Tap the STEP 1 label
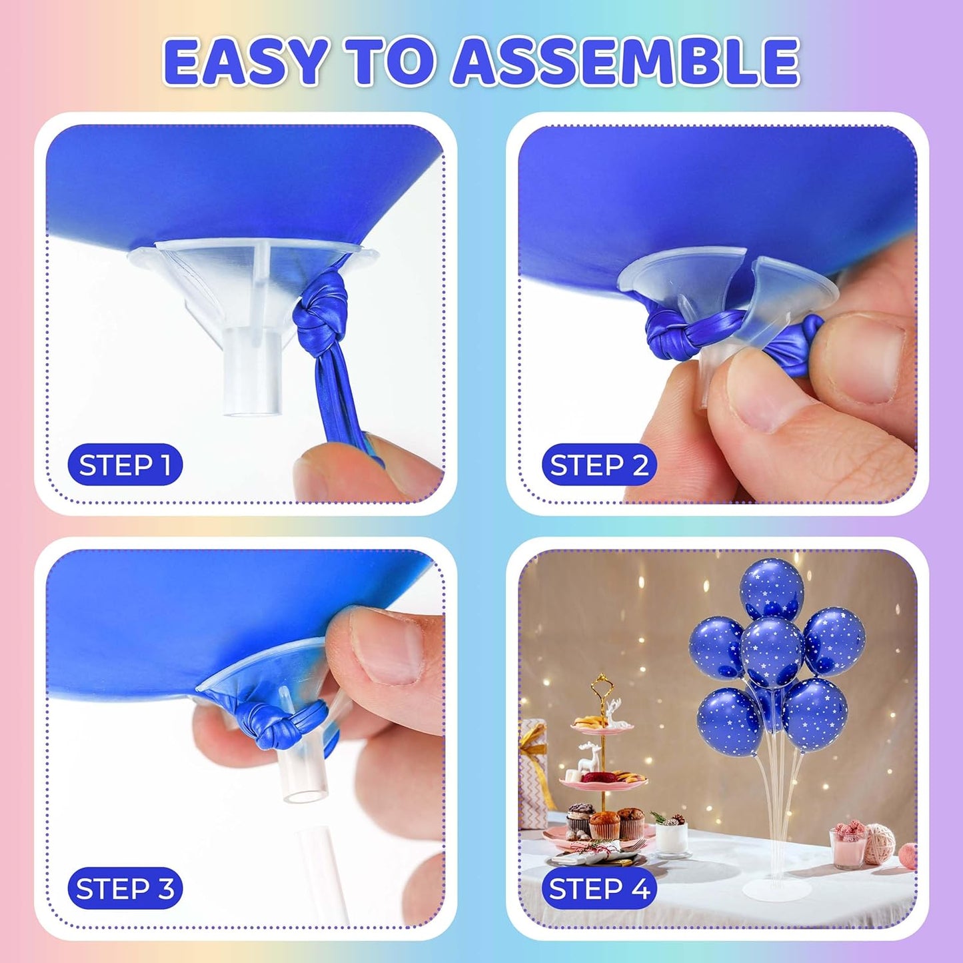pyautogui.click(x=125, y=465)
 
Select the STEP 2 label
pyautogui.click(x=598, y=465)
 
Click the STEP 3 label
pyautogui.click(x=125, y=888)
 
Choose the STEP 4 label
pyautogui.click(x=598, y=888)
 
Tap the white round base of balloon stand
pyautogui.click(x=776, y=890)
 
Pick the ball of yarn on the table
pyautogui.click(x=880, y=843)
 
